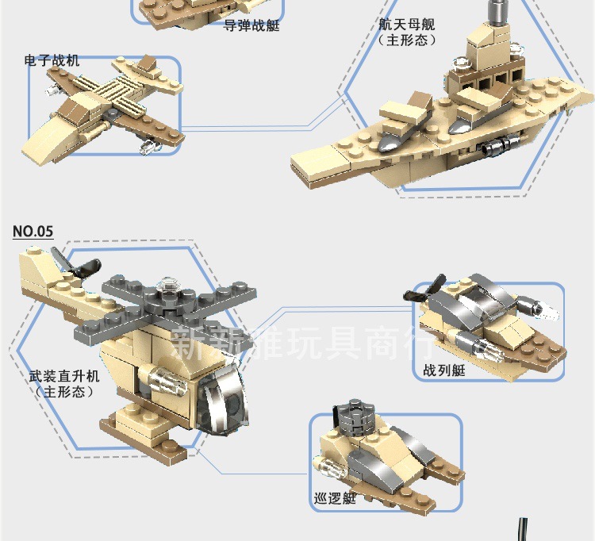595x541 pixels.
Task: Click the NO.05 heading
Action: (x=33, y=232)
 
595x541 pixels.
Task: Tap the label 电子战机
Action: (x=52, y=60)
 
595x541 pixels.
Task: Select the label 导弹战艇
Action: (x=251, y=25)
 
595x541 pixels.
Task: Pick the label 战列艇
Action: (x=444, y=370)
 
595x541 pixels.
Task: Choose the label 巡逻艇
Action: (x=334, y=499)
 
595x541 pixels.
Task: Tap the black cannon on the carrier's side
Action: (x=500, y=145)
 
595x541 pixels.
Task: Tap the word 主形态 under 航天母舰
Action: (x=407, y=39)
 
